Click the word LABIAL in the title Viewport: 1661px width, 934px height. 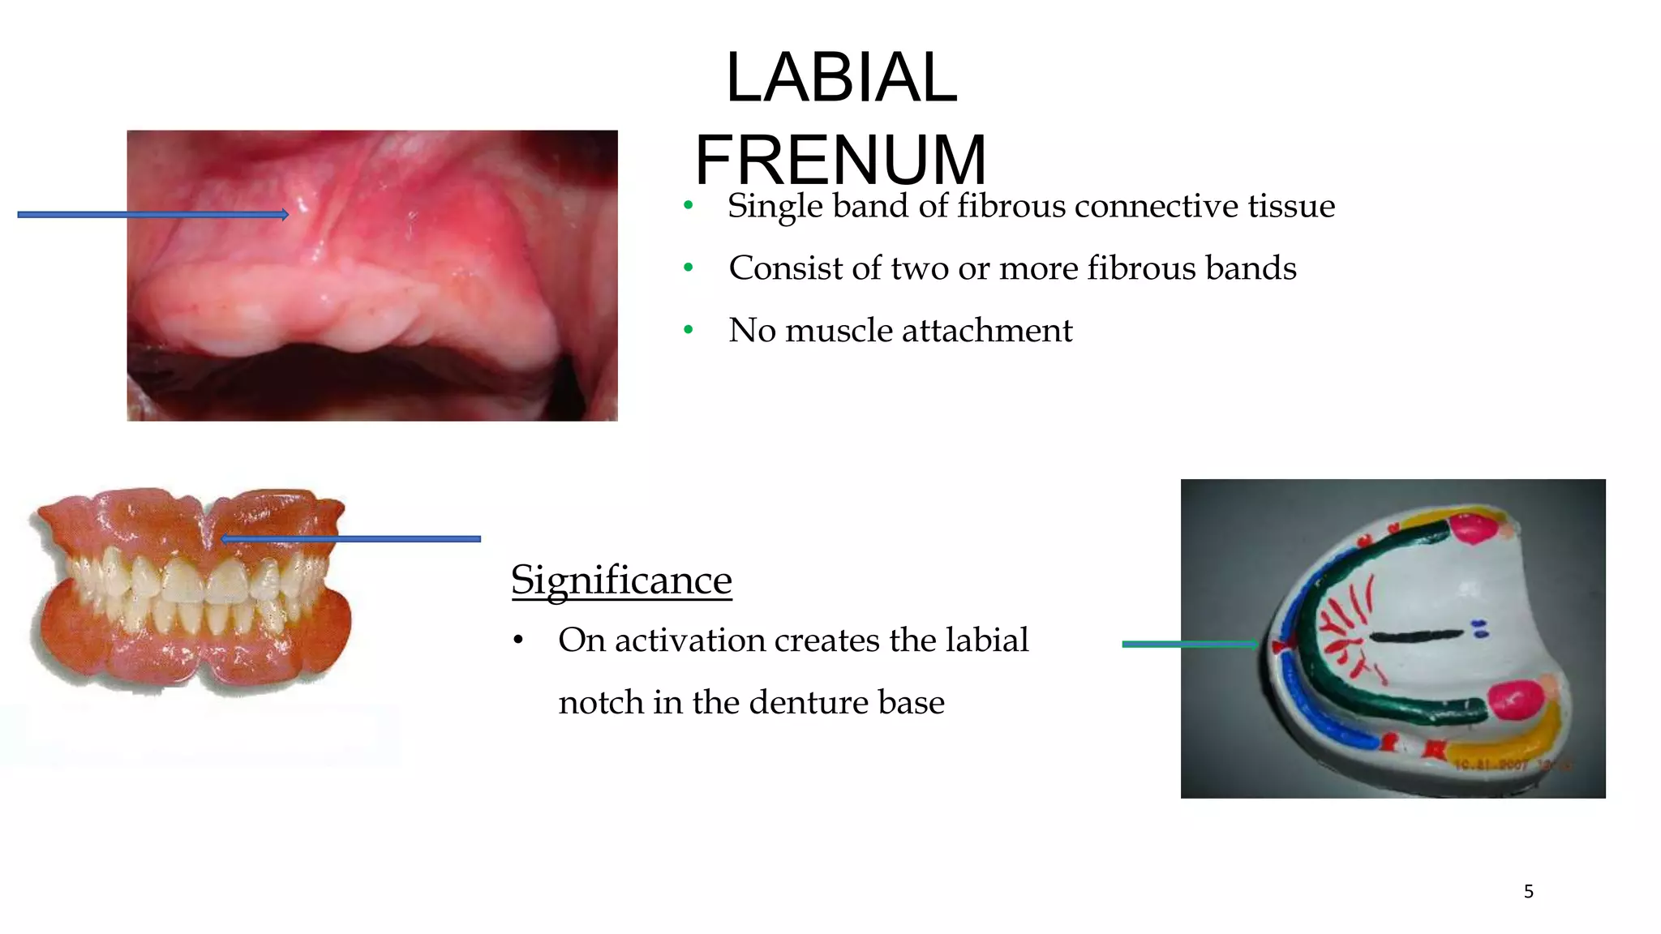pyautogui.click(x=841, y=78)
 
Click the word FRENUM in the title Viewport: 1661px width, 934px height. pyautogui.click(x=840, y=160)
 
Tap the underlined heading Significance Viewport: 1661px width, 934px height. pyautogui.click(x=621, y=581)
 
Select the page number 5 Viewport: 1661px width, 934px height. pyautogui.click(x=1528, y=892)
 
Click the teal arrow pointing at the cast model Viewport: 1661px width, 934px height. pyautogui.click(x=1189, y=645)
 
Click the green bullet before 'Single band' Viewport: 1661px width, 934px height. pyautogui.click(x=689, y=205)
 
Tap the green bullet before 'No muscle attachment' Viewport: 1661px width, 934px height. pyautogui.click(x=689, y=330)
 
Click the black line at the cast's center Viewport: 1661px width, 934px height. pyautogui.click(x=1415, y=635)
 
